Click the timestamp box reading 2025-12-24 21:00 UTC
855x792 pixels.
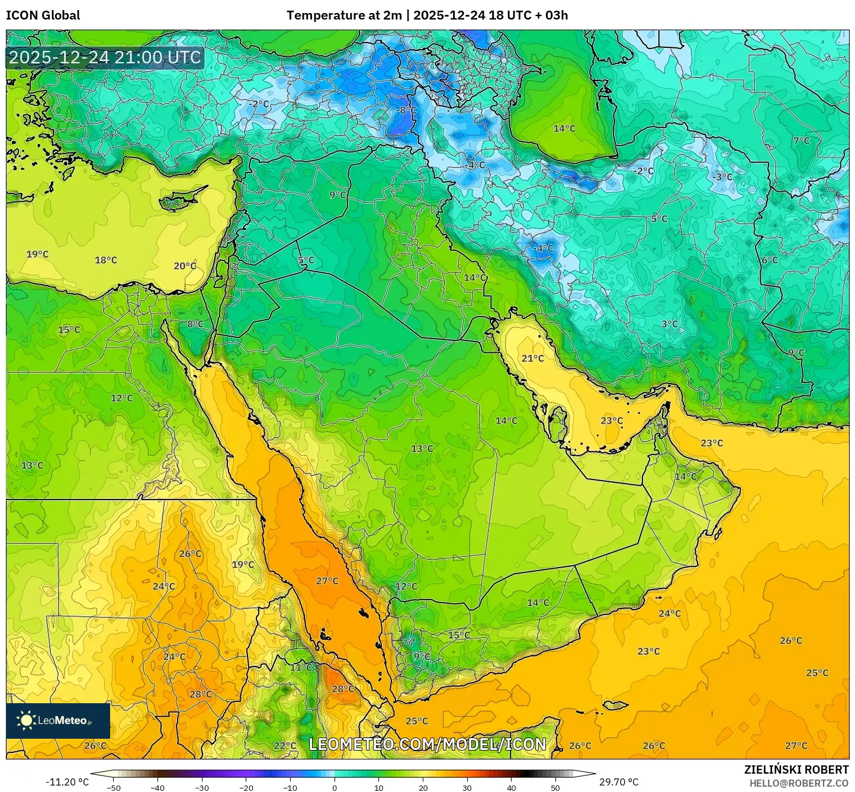(105, 57)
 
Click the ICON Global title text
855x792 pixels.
(43, 15)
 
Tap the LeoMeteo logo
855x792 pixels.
(58, 720)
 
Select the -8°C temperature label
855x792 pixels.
(407, 110)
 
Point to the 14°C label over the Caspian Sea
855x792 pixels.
(564, 128)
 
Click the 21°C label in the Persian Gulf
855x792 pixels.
(532, 358)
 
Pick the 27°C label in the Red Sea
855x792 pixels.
(327, 581)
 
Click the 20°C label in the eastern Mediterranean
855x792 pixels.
(185, 266)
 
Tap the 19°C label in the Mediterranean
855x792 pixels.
(37, 254)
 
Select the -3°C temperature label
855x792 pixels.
(722, 176)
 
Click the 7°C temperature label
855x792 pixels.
(801, 140)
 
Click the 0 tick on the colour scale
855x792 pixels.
(335, 787)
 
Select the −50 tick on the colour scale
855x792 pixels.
(114, 787)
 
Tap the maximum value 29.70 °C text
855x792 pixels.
(619, 782)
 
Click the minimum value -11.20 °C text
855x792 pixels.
(67, 782)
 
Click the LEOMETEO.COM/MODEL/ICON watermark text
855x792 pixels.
(427, 744)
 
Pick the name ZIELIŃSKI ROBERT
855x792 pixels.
(796, 770)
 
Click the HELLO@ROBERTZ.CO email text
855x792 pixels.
(799, 783)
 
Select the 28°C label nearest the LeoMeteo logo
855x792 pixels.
(200, 694)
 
